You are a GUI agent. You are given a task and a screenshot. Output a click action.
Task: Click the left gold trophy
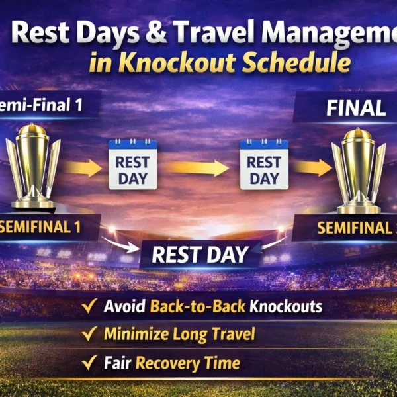tap(33, 165)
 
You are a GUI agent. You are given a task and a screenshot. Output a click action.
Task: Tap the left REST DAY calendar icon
tap(132, 164)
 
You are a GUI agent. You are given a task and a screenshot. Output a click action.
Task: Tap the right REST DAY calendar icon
tap(264, 164)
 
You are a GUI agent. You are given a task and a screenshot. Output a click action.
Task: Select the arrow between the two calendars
tap(198, 167)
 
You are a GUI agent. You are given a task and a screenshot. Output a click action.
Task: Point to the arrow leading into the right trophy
tap(312, 167)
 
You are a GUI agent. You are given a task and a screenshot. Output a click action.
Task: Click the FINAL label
tap(355, 108)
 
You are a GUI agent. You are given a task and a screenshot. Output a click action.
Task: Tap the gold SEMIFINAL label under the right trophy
tap(354, 228)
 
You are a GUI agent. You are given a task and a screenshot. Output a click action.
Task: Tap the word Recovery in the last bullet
tap(169, 363)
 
